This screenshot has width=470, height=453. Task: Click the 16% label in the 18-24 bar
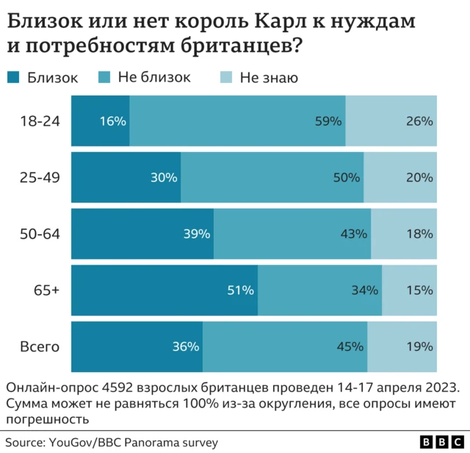(113, 121)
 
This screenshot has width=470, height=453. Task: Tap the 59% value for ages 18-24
(329, 121)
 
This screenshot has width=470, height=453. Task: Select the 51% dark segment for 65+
(164, 290)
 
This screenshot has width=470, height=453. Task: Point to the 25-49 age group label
(40, 177)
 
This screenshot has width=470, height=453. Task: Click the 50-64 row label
(40, 233)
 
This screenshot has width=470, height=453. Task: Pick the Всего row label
(40, 347)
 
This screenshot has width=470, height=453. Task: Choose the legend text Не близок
(153, 77)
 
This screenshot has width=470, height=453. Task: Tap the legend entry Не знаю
(269, 77)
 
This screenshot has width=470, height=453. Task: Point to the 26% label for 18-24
(419, 121)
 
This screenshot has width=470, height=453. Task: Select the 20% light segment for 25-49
(400, 177)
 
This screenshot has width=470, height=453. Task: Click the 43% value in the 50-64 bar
(353, 234)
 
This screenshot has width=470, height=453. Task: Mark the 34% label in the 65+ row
(365, 290)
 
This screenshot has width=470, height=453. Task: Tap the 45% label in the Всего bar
(350, 347)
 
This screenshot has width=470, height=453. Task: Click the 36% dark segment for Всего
(137, 347)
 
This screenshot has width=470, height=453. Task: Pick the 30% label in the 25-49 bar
(164, 177)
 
